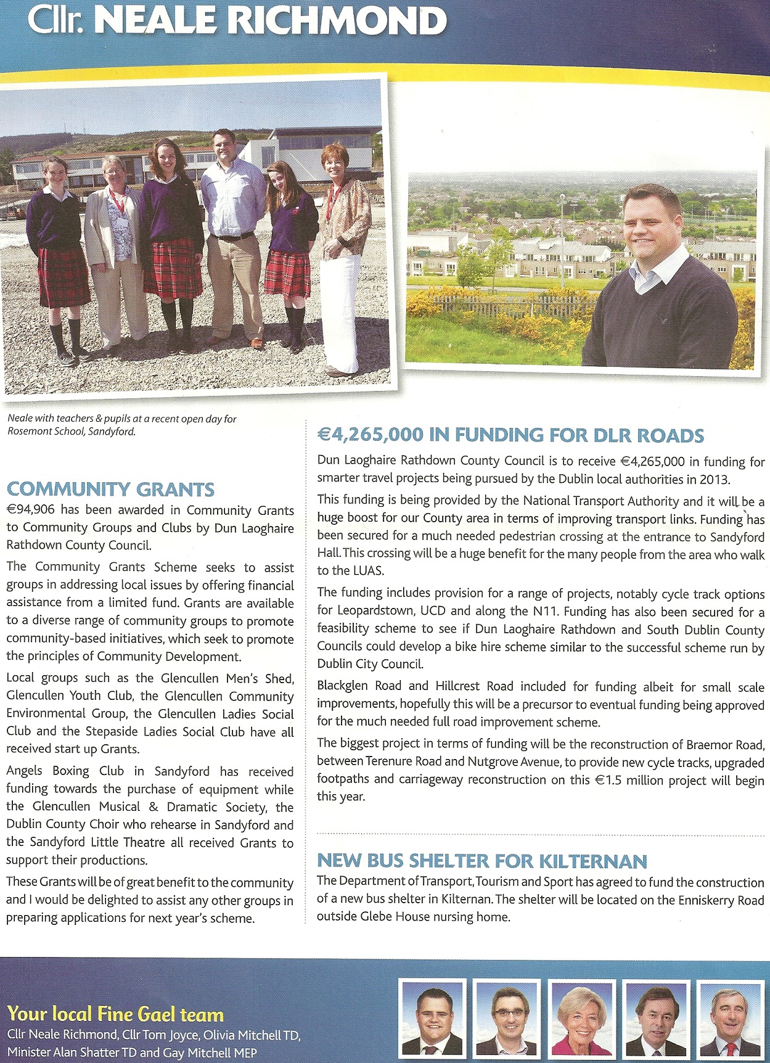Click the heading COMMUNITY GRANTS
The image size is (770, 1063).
click(110, 490)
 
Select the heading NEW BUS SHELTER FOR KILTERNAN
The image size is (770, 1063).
click(481, 861)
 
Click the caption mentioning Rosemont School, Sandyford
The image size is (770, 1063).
click(121, 425)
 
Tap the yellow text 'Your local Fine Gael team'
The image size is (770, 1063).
click(115, 1014)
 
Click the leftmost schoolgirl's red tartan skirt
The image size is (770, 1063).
click(63, 277)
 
